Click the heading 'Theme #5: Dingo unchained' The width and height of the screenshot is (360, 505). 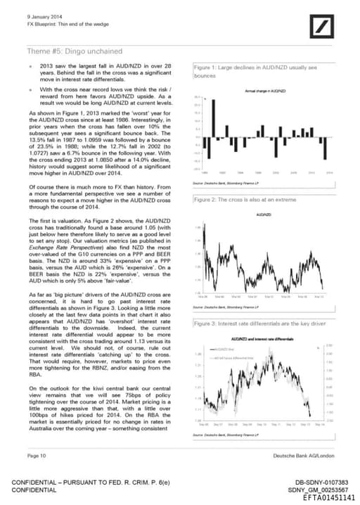[x=74, y=51]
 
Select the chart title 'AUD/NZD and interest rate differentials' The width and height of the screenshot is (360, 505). [x=264, y=338]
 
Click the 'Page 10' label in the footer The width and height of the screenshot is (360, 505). [x=37, y=456]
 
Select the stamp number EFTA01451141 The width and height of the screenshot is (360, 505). [x=327, y=497]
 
